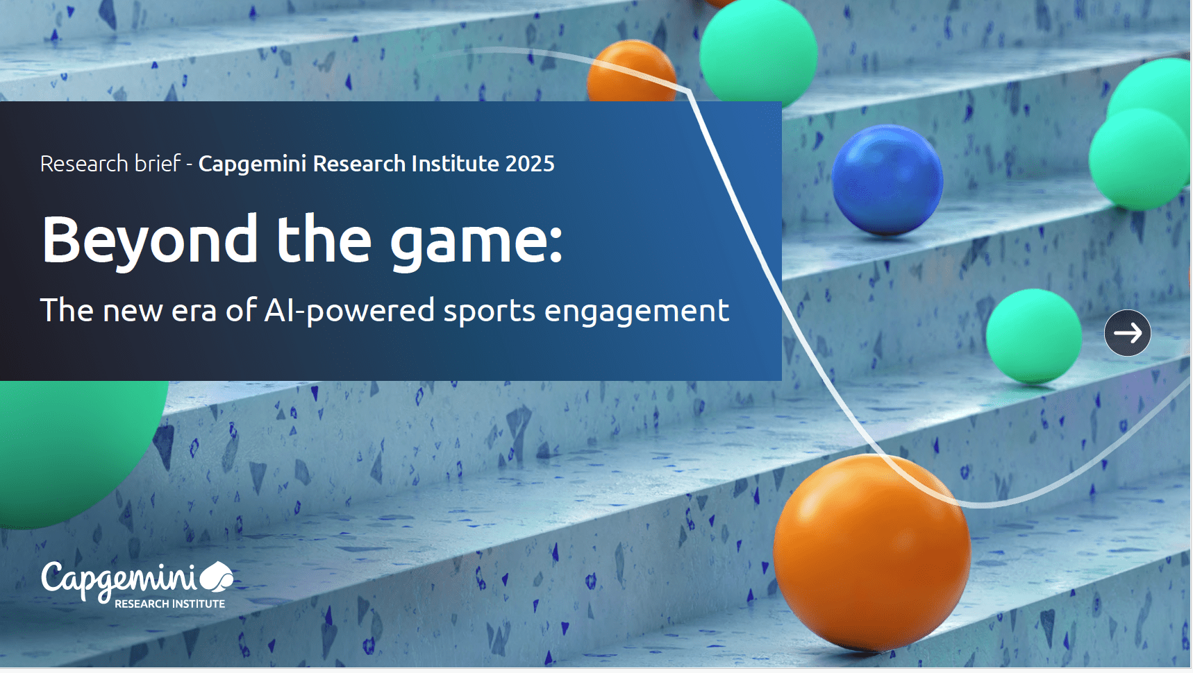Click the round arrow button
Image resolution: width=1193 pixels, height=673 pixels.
(x=1127, y=333)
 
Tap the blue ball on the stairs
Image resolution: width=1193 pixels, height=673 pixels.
(x=887, y=180)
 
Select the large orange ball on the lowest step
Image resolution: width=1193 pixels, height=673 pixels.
(x=871, y=552)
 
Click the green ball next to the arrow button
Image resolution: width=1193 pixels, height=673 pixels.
(x=1033, y=336)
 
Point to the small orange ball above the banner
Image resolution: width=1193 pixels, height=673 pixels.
(x=631, y=71)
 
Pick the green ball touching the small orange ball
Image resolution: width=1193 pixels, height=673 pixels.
(x=758, y=52)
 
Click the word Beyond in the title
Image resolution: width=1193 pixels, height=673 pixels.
(x=150, y=240)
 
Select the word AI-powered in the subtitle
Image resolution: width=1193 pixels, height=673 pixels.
(x=349, y=311)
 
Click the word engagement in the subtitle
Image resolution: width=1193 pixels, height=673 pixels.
(x=637, y=312)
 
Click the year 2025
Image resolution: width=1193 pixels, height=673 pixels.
(x=530, y=164)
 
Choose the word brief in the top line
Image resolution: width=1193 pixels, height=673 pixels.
(x=158, y=163)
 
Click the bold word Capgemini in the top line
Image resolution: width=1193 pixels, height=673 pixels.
(x=252, y=164)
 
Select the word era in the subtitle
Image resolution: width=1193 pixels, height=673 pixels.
(x=194, y=312)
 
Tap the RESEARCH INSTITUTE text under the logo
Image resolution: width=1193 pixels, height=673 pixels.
(x=170, y=604)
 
